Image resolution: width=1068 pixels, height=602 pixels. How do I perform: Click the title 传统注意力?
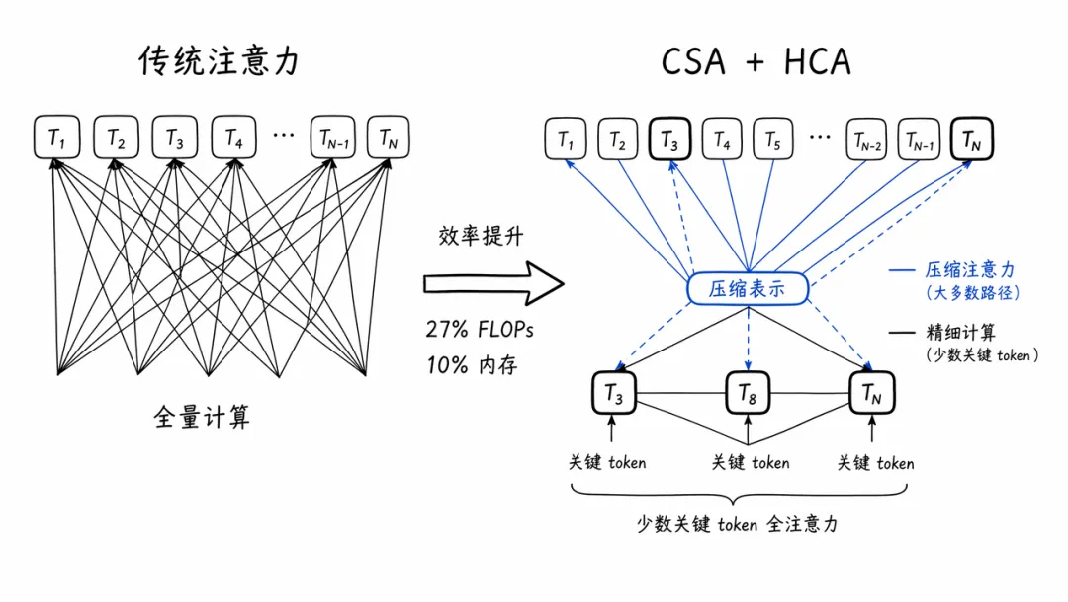tap(219, 61)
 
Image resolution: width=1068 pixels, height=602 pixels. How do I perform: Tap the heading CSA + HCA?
tap(756, 61)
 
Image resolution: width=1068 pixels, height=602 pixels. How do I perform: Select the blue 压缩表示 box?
tap(749, 289)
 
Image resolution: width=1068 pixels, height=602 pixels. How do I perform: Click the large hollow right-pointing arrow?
tap(492, 285)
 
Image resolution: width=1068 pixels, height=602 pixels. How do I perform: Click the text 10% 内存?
tap(471, 364)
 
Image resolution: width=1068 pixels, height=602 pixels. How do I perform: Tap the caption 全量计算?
tap(202, 417)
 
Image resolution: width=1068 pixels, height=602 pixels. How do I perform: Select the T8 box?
tap(748, 394)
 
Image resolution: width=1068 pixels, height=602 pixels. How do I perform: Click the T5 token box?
tap(773, 142)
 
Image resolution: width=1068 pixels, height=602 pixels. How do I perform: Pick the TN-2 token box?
tap(866, 142)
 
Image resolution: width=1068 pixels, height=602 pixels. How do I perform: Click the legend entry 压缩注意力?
tap(970, 270)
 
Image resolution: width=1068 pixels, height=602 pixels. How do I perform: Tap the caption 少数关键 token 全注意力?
tap(737, 524)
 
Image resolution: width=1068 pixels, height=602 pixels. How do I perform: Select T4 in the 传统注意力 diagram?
tap(233, 139)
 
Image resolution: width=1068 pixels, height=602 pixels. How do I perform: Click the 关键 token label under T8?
tap(751, 462)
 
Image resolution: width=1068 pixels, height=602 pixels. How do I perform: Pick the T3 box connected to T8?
tap(614, 395)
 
